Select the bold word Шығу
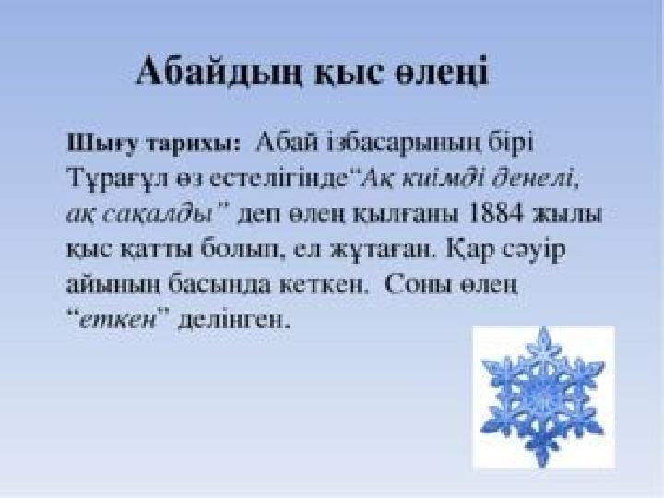[102, 144]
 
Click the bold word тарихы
[193, 144]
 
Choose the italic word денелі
[534, 179]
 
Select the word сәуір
[534, 249]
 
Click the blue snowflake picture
[543, 397]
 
